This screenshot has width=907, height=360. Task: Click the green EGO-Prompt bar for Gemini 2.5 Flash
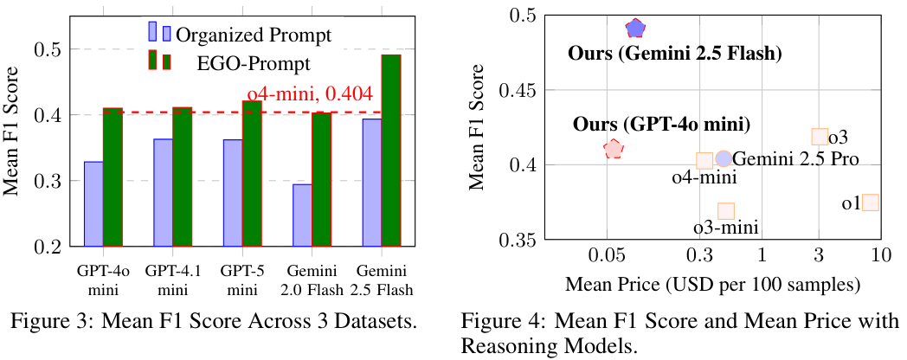click(392, 151)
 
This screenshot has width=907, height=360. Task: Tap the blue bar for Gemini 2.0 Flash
click(302, 215)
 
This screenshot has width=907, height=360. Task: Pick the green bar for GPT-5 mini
click(251, 173)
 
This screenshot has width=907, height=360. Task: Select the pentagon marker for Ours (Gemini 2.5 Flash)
click(635, 29)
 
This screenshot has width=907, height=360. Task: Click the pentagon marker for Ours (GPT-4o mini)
click(614, 149)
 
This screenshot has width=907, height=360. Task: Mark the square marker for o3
click(820, 136)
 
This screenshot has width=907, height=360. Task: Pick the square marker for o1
click(871, 202)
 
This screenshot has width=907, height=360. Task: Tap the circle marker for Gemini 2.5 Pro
click(724, 159)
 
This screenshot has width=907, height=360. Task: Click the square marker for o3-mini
click(726, 211)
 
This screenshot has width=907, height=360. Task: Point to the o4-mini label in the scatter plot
click(704, 178)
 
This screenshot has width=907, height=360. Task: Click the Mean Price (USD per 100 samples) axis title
click(711, 284)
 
